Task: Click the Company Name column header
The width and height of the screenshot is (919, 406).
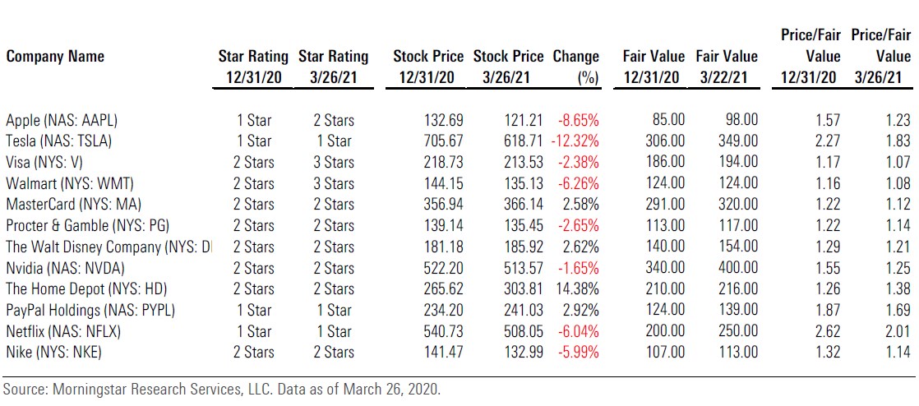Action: coord(55,57)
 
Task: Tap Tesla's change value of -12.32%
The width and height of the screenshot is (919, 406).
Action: coord(575,141)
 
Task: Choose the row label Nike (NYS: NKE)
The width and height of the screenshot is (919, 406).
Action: coord(56,353)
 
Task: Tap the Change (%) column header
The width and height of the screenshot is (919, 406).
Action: coord(576,67)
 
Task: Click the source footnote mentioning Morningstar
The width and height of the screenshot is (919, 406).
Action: coord(222,390)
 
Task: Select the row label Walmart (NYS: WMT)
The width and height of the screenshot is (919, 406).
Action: coord(70,183)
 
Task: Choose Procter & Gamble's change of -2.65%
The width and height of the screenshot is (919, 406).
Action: coord(578,226)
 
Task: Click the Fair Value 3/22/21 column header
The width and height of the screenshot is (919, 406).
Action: coord(727,67)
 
